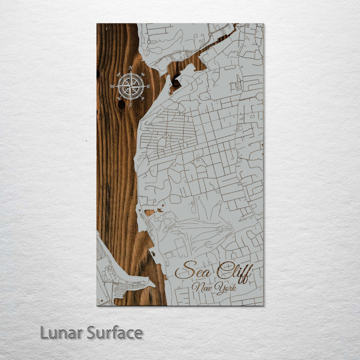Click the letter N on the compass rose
(x=130, y=67)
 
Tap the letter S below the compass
(x=130, y=105)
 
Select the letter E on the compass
(x=148, y=86)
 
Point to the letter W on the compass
(x=112, y=86)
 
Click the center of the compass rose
(x=130, y=86)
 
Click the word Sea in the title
(x=192, y=271)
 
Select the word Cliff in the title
(x=234, y=271)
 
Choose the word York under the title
(x=226, y=288)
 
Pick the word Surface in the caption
(x=114, y=332)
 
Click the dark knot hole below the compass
(x=121, y=104)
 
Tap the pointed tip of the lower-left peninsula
(x=154, y=285)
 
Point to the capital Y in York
(x=219, y=288)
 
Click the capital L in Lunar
(x=44, y=332)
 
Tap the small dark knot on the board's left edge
(x=98, y=74)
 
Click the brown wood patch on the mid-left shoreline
(x=149, y=212)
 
